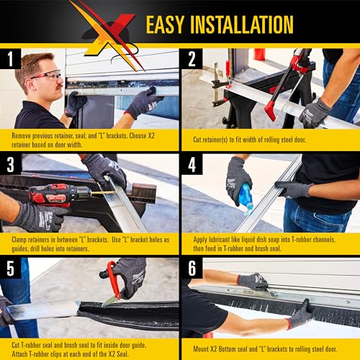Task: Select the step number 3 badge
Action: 9,165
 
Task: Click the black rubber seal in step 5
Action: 130,317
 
